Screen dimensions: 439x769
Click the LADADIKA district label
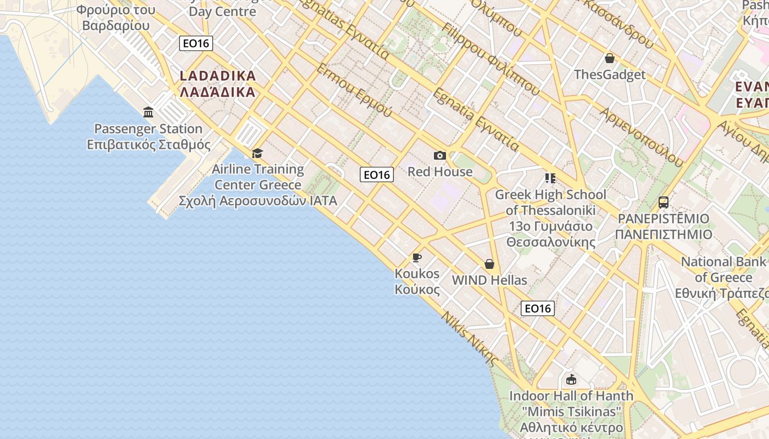point(218,83)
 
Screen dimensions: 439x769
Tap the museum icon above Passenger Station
point(148,112)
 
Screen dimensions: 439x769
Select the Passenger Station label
point(148,129)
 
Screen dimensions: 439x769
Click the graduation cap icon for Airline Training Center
point(257,153)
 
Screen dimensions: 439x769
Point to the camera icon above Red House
point(439,156)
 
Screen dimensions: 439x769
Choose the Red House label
point(439,172)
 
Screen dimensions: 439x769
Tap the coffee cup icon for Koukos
point(417,257)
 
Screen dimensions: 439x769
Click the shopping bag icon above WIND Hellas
point(489,264)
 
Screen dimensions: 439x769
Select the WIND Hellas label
point(489,280)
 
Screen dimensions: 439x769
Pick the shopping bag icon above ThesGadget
point(609,58)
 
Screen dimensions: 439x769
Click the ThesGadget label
point(610,74)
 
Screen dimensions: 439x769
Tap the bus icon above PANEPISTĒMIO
point(663,202)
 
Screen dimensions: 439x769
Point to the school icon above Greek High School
point(550,178)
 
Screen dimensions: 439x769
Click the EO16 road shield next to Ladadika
point(196,43)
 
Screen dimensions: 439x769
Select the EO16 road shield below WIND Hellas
point(537,308)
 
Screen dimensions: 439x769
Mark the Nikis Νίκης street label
point(470,339)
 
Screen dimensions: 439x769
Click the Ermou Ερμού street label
point(354,91)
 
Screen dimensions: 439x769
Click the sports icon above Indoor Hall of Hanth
point(571,379)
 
